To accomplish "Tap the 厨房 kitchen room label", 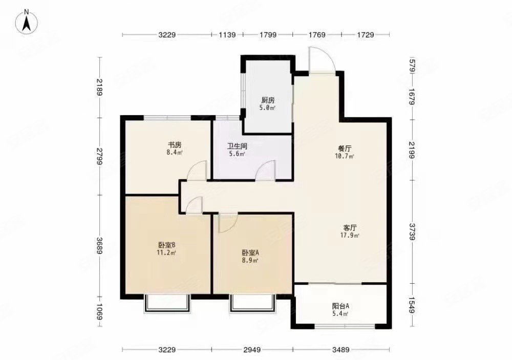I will click(266, 100).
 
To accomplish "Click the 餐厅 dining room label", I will click(343, 149).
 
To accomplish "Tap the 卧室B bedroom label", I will click(167, 245).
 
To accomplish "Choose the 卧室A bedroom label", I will click(250, 252).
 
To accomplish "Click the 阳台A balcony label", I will click(340, 306).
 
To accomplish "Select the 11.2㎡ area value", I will click(167, 252).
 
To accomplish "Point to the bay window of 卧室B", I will click(167, 303).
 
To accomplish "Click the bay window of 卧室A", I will click(252, 303).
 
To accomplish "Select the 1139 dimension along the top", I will click(227, 35).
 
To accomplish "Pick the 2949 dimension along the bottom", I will click(252, 350).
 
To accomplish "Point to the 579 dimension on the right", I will click(413, 67).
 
